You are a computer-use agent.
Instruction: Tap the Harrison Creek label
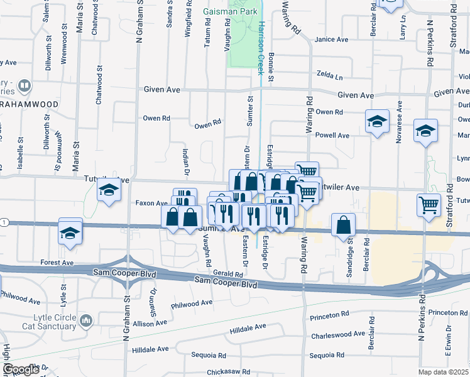[260, 47]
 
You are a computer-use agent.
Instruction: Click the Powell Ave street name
[332, 135]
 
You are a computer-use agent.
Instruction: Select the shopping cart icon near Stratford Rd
[429, 205]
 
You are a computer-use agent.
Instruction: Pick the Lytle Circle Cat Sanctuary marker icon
[85, 321]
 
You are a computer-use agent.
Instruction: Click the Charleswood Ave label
[337, 334]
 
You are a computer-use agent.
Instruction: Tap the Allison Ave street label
[149, 322]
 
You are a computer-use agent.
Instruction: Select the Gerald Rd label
[227, 275]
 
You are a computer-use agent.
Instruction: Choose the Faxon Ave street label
[151, 203]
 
